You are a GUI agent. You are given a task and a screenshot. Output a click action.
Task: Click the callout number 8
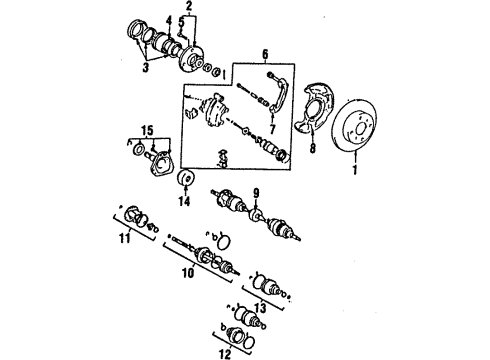click(313, 155)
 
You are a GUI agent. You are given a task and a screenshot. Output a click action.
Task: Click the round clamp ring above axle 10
click(225, 267)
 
